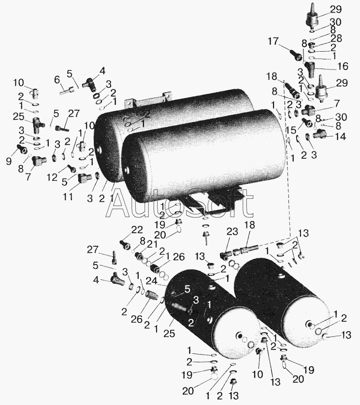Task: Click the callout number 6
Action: (x=57, y=81)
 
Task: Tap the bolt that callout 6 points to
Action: (x=66, y=90)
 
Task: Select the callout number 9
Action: (x=9, y=162)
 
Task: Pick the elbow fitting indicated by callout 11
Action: (x=84, y=178)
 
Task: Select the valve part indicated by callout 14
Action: (x=319, y=134)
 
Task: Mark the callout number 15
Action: (x=291, y=130)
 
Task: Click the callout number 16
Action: (x=343, y=66)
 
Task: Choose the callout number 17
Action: (x=273, y=42)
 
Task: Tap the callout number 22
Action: (x=137, y=230)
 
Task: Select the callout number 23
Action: (x=232, y=232)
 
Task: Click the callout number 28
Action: (x=336, y=38)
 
